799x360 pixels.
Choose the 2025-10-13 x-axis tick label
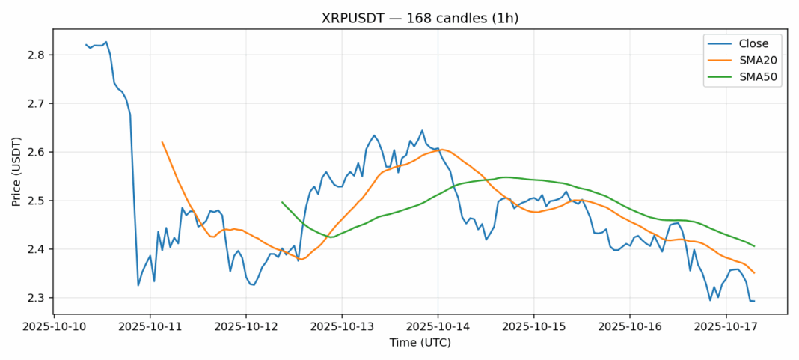pos(342,327)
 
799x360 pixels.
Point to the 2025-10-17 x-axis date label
pos(726,327)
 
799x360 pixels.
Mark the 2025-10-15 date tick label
pos(533,327)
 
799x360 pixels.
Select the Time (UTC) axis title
pos(420,342)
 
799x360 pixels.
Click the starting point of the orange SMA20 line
pos(162,142)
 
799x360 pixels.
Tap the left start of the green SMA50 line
pos(282,202)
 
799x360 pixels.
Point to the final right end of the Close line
pos(754,301)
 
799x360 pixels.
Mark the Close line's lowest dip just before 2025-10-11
pos(138,285)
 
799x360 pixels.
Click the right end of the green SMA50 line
pos(754,246)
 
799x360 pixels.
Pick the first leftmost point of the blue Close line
pos(86,45)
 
